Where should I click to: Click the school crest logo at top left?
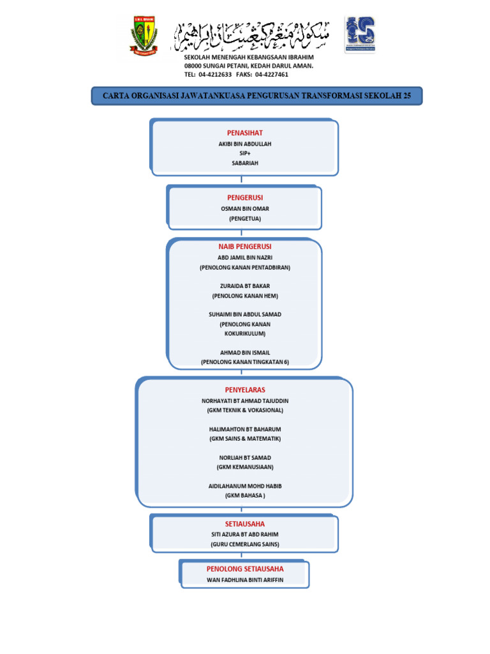click(144, 35)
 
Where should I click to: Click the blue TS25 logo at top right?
click(360, 34)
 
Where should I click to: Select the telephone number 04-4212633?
click(215, 74)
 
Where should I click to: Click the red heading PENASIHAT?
click(245, 133)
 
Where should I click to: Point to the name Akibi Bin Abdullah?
click(245, 144)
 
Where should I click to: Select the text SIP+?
click(245, 154)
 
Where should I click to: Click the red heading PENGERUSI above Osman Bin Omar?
click(245, 198)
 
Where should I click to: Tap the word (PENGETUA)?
click(245, 218)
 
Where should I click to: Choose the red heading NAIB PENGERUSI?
click(245, 247)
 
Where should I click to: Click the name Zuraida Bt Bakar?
click(245, 286)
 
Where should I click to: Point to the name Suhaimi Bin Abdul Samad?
click(245, 314)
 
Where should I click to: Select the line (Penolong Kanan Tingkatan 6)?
click(245, 361)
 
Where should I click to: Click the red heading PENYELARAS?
click(245, 390)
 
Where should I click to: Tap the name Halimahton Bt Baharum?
click(245, 429)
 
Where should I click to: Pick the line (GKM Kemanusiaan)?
click(245, 467)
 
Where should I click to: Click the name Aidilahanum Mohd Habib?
click(245, 486)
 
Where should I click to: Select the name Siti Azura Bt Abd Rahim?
click(245, 535)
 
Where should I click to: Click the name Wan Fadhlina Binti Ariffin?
click(245, 580)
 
